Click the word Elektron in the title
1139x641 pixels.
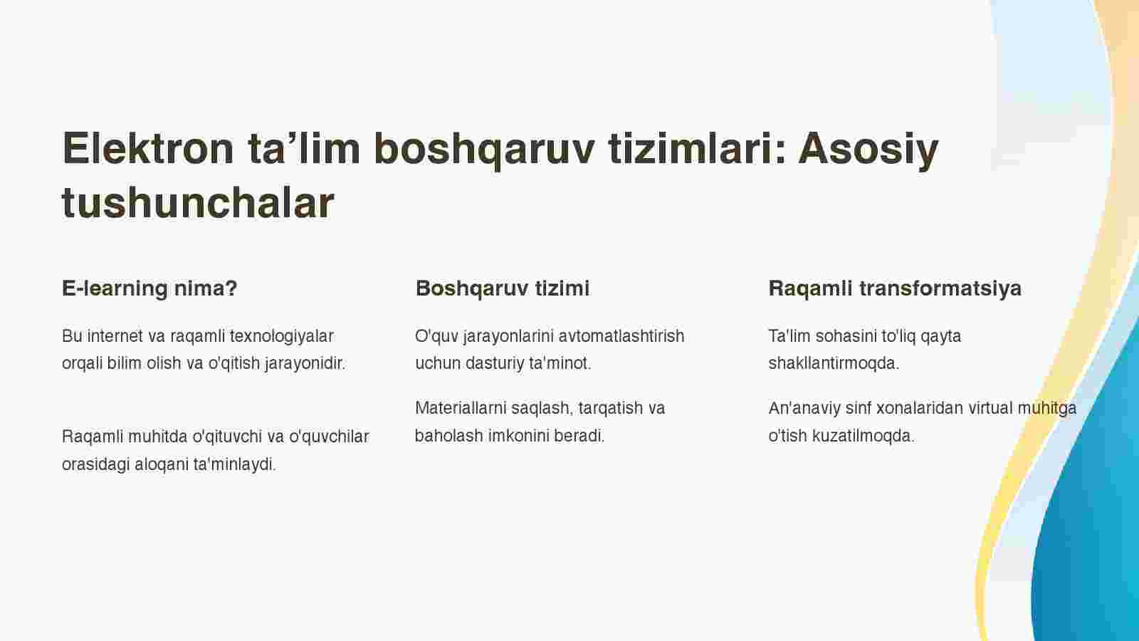coord(148,148)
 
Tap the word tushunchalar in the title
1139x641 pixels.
coord(198,202)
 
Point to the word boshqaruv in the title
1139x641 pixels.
coord(484,150)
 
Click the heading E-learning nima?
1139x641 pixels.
coord(149,288)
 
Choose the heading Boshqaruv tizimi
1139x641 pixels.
coord(503,288)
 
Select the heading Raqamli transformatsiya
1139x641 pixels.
coord(895,288)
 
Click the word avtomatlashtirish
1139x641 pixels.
coord(621,336)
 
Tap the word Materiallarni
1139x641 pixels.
coord(461,408)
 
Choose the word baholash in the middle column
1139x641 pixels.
coord(448,436)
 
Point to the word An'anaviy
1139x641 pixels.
coord(804,409)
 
